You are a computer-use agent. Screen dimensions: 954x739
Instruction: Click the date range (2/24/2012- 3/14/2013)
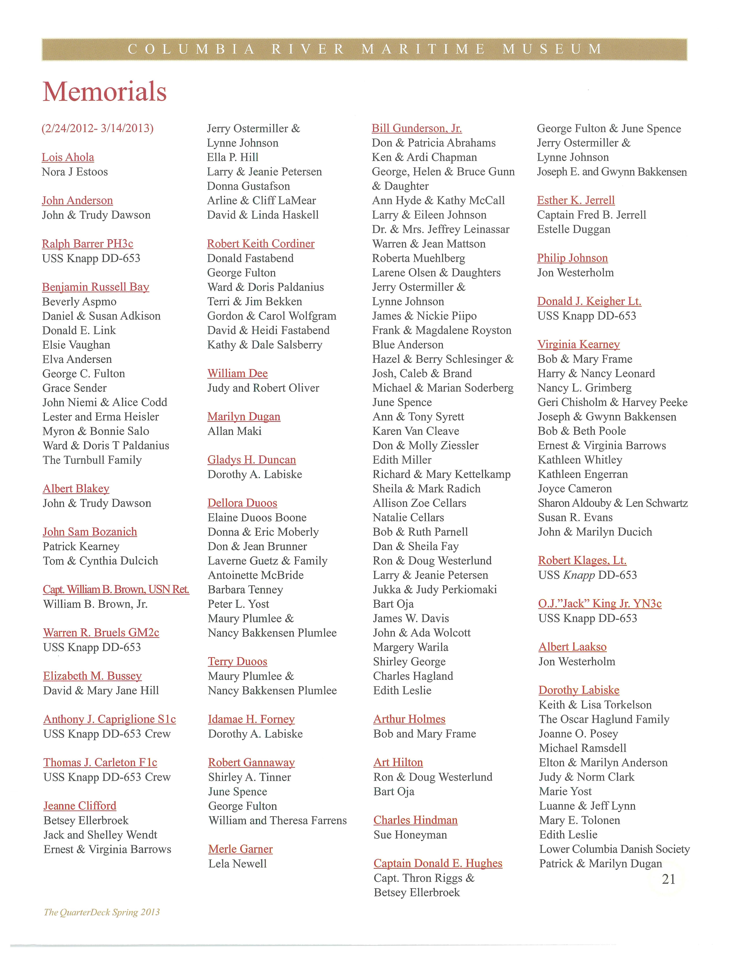[x=97, y=128]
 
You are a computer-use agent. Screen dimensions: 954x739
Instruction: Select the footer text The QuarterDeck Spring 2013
[x=102, y=912]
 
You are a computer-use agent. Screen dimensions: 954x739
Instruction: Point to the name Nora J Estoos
[x=75, y=172]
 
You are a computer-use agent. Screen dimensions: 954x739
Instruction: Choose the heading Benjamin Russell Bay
[x=96, y=287]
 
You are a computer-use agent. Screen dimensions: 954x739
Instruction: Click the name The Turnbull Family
[x=92, y=460]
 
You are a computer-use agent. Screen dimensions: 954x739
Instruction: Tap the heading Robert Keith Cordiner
[x=261, y=244]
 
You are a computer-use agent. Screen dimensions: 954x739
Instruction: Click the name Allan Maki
[x=235, y=431]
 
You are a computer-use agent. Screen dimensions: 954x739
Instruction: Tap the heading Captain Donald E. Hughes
[x=438, y=863]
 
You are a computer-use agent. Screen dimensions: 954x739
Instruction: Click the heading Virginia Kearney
[x=579, y=345]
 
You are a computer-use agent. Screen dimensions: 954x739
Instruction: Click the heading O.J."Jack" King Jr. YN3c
[x=600, y=604]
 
